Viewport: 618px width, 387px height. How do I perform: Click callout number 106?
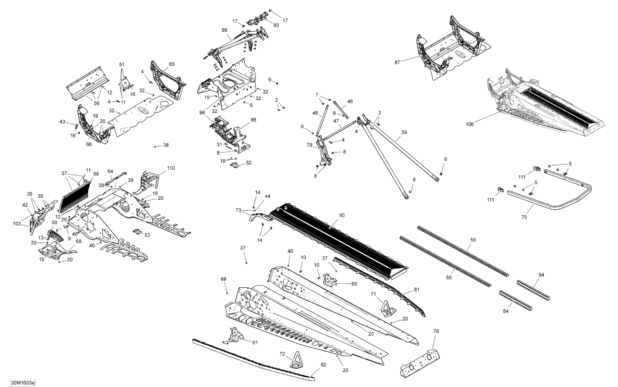469,124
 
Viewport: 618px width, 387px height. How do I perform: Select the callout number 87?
397,62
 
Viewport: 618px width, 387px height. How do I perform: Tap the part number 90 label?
342,215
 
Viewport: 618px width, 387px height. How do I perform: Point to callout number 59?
404,132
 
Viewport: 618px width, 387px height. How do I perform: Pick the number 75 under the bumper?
524,217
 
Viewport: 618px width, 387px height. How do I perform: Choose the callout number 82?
323,365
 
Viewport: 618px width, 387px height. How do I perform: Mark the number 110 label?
171,168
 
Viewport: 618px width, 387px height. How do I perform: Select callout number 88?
224,30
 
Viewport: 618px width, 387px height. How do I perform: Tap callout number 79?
309,145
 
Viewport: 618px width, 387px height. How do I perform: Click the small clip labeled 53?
137,231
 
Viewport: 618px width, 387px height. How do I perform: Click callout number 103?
17,224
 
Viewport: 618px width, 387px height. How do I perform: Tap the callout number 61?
255,342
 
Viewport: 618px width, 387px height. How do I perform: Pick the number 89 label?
224,279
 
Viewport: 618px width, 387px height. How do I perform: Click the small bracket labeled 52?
234,165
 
